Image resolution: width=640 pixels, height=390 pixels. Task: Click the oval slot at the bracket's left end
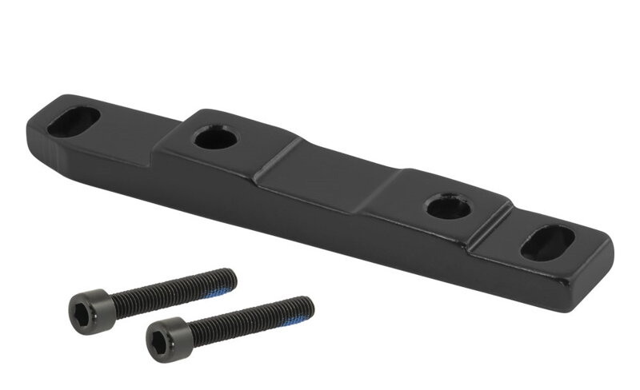tap(73, 121)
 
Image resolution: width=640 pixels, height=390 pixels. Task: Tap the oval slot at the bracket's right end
tap(547, 242)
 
